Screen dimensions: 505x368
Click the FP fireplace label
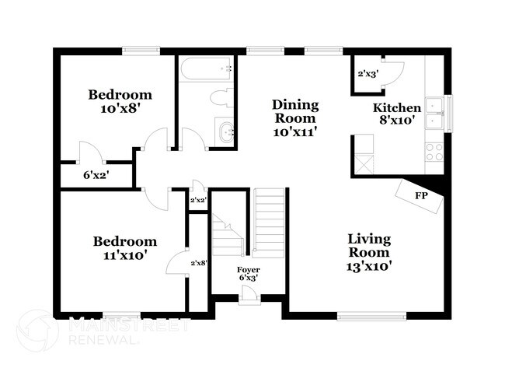point(420,195)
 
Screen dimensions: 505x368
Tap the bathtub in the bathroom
point(206,68)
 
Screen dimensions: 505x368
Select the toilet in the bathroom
point(221,98)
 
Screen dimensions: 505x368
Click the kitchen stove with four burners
point(434,152)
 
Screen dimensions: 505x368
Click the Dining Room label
point(295,118)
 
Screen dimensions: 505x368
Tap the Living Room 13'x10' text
point(369,253)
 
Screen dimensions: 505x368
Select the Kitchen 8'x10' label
point(397,114)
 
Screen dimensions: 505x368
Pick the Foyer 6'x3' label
point(249,274)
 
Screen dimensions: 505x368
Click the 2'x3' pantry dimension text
point(367,74)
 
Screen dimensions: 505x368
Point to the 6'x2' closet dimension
point(96,176)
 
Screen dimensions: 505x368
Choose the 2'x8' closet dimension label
point(199,263)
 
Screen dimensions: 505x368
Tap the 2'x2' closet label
point(198,200)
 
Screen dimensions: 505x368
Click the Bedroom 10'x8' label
point(120,101)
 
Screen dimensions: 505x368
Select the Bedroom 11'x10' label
point(125,248)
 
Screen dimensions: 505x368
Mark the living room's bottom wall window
point(371,316)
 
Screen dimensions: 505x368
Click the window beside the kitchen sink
point(448,114)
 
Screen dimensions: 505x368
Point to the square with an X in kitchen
point(364,165)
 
